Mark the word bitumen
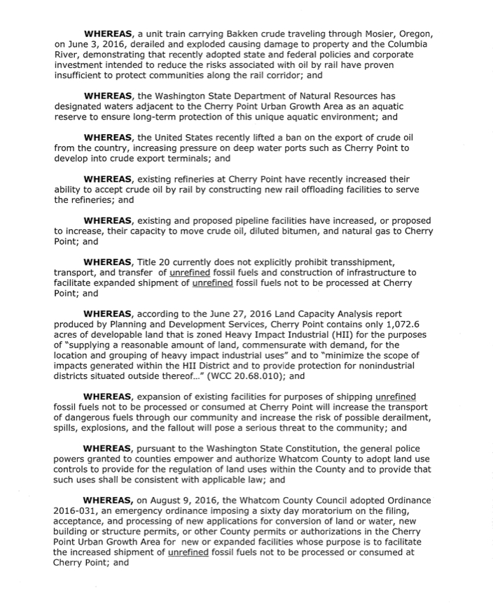(x=286, y=231)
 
